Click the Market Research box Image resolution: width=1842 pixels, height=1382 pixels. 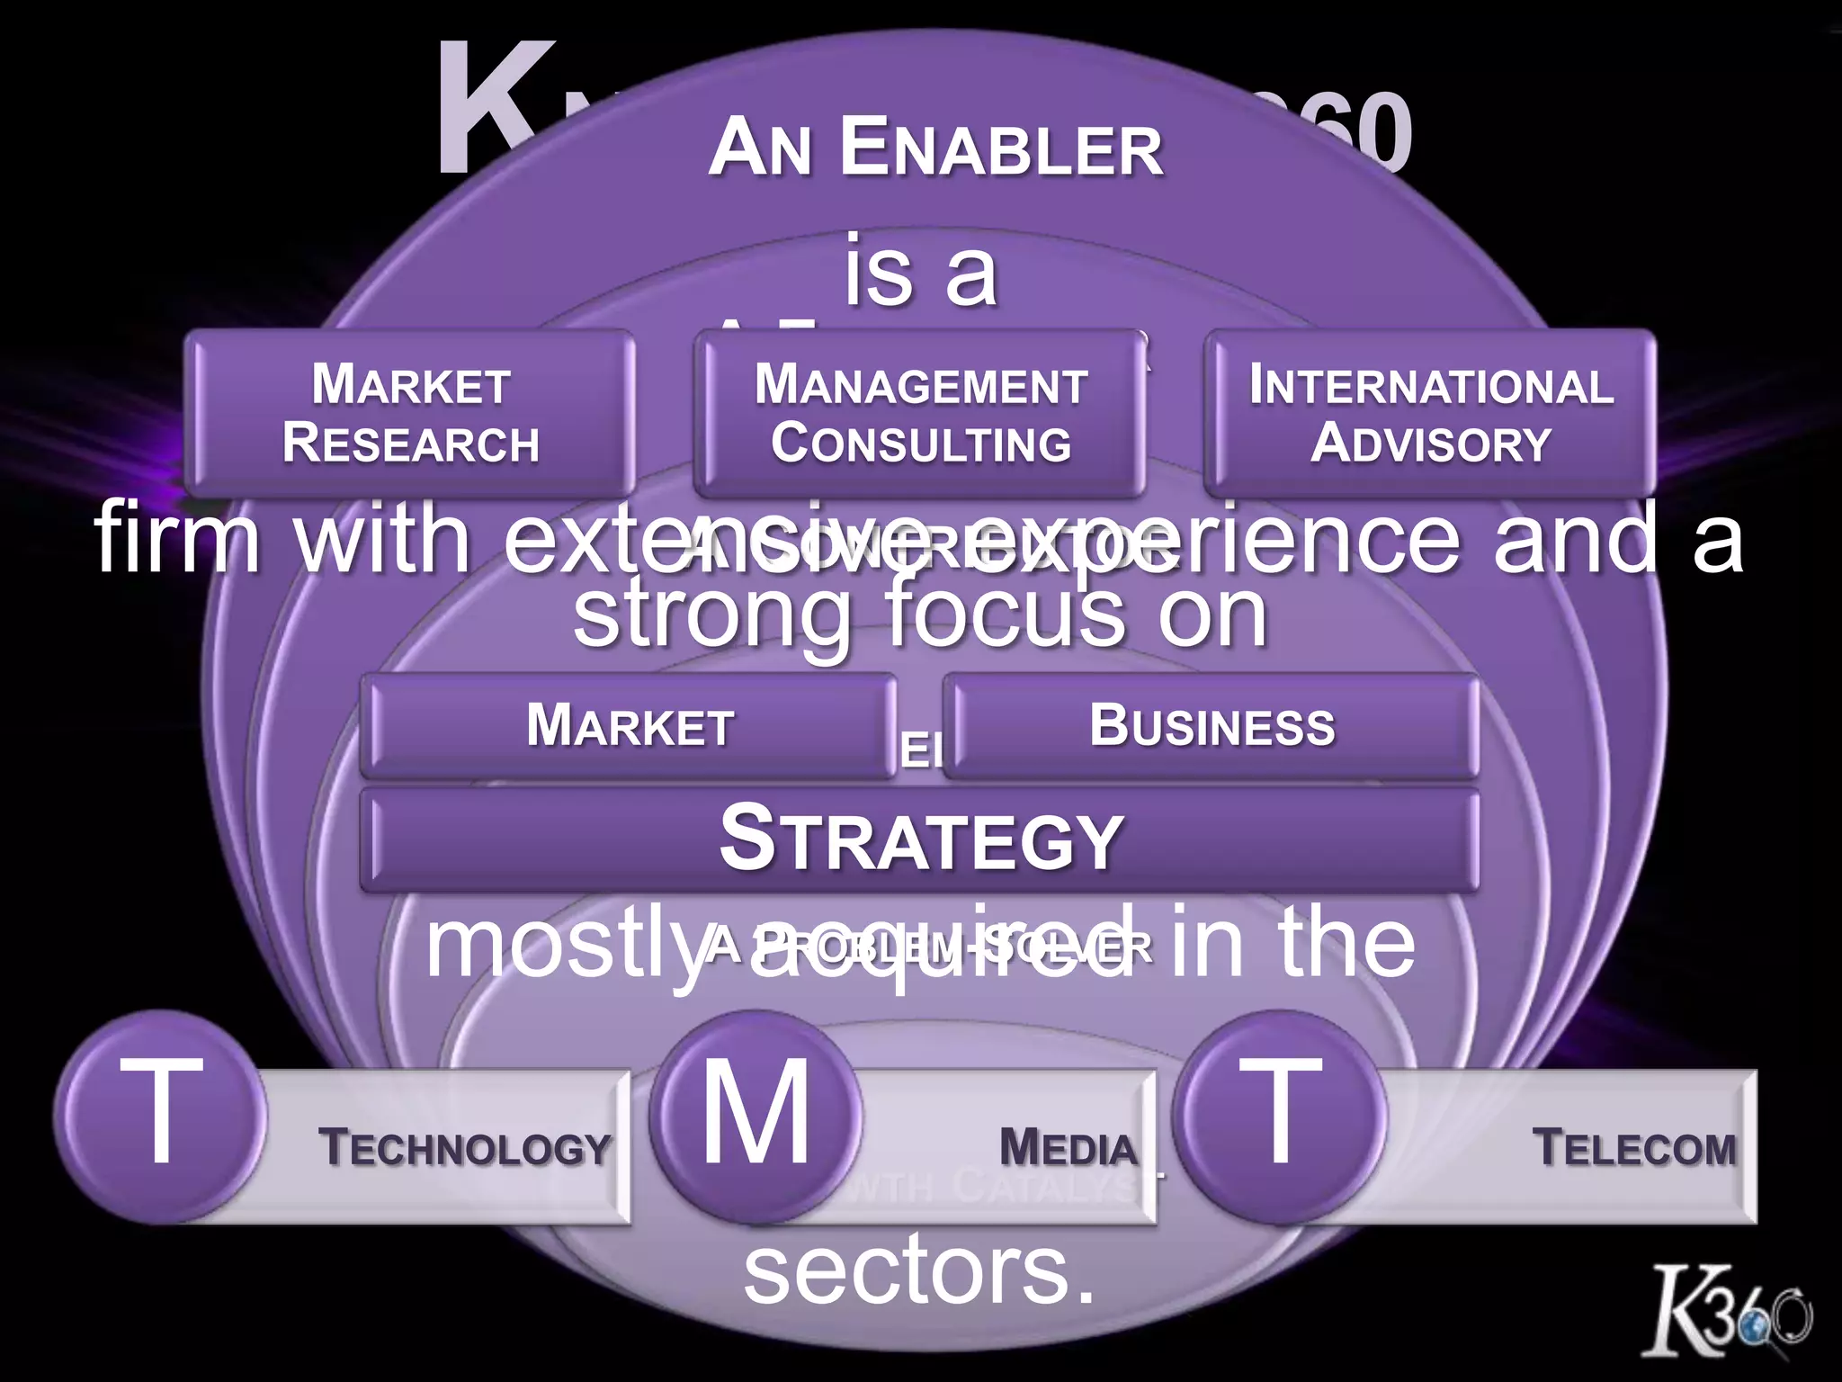[410, 413]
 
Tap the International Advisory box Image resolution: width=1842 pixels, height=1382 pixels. [1430, 413]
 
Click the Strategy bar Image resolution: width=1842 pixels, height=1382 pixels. [919, 839]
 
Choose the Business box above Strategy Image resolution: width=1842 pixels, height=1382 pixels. [1212, 725]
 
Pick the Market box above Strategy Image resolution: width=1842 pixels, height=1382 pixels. [630, 725]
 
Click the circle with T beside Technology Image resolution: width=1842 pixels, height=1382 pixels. [161, 1116]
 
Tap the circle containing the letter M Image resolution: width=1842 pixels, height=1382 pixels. [756, 1116]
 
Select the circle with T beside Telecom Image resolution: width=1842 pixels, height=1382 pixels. [1279, 1116]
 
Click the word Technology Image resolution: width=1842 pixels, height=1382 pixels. [464, 1148]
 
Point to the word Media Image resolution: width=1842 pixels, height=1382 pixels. [1068, 1148]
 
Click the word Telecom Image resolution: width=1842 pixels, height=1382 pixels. [1633, 1148]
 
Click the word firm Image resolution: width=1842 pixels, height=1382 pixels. [177, 538]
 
